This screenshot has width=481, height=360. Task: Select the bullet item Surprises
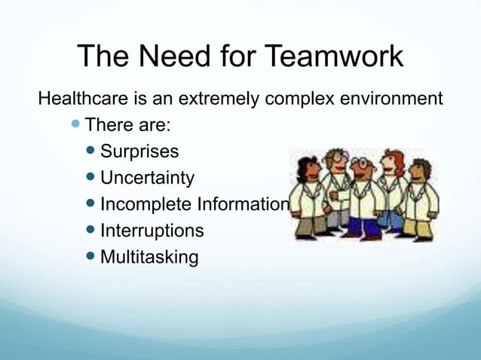click(139, 151)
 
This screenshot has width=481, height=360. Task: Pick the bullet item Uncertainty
click(147, 178)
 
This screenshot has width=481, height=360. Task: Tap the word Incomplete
click(146, 204)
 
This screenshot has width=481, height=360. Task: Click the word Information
click(242, 204)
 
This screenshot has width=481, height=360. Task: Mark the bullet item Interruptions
click(152, 230)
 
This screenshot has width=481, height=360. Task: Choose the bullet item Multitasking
click(149, 257)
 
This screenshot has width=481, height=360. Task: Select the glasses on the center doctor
click(362, 164)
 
